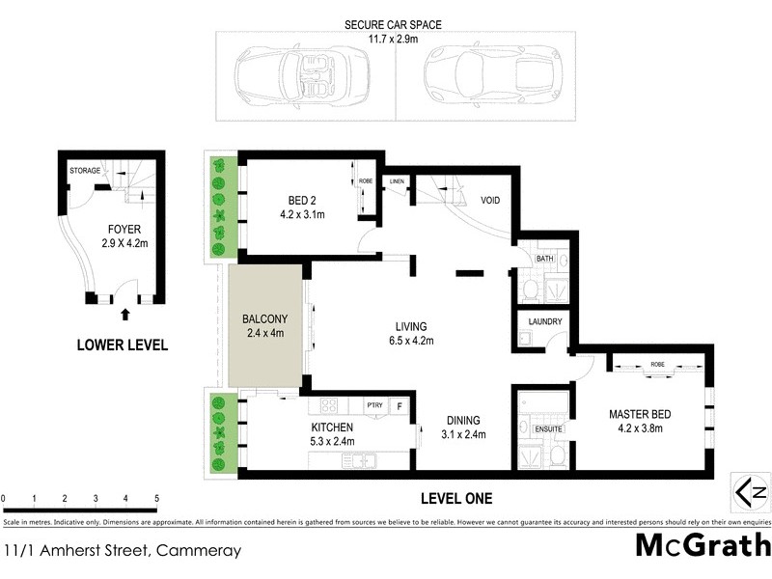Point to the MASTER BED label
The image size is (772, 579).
click(641, 415)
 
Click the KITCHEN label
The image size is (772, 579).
click(332, 427)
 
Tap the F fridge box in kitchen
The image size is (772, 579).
click(399, 407)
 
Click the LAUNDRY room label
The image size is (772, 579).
click(544, 322)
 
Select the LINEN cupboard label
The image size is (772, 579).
click(396, 181)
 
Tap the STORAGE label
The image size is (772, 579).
click(84, 171)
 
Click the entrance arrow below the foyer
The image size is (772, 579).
click(124, 313)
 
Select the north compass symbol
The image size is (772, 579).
click(750, 491)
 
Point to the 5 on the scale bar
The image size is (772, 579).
click(156, 499)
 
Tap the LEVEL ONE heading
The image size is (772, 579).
click(456, 499)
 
